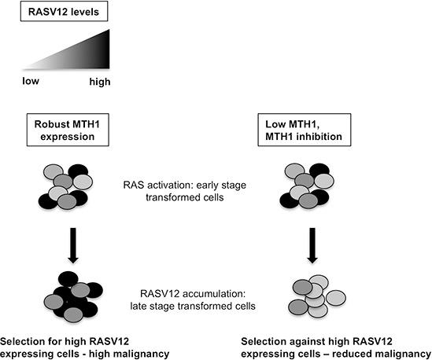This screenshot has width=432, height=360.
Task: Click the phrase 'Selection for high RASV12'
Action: click(65, 336)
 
